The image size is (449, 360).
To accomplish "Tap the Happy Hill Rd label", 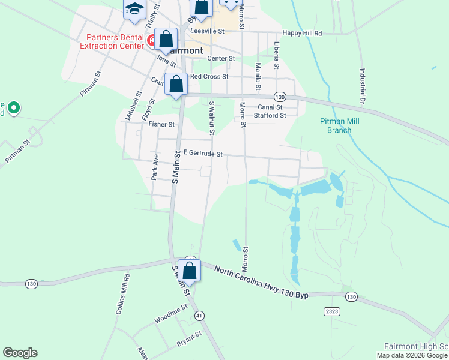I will click(x=302, y=34).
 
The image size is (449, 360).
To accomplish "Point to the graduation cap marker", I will click(x=134, y=8).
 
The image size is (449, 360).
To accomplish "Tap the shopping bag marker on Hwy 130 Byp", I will click(x=190, y=271).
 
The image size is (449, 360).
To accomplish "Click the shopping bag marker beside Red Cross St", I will click(x=176, y=83).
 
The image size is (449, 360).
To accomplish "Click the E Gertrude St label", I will click(x=203, y=154).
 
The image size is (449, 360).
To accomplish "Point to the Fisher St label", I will click(x=161, y=125).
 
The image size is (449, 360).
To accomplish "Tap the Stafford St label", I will click(x=269, y=115).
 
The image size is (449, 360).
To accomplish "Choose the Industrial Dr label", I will click(x=363, y=87).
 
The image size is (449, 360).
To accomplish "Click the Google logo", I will click(x=20, y=353).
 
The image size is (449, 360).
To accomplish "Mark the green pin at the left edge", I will click(x=14, y=109).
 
